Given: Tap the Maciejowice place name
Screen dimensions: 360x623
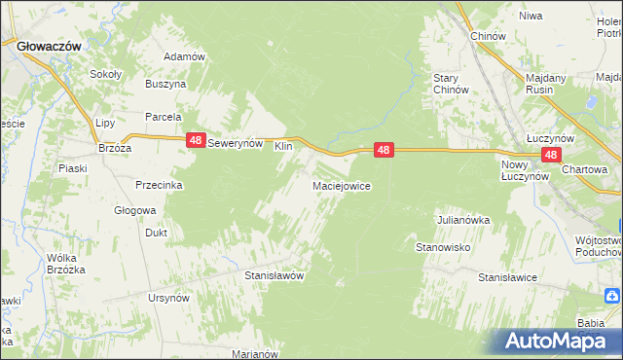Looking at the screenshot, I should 341,185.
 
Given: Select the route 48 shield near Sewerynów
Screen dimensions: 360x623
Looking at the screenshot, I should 196,142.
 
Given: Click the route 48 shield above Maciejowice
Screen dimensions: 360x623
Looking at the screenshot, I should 385,150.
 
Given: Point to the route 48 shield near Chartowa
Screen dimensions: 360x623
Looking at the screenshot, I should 551,155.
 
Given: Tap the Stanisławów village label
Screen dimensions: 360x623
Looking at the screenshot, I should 275,275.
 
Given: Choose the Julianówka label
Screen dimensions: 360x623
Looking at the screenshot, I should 463,220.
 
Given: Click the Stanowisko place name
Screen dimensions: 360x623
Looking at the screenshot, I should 444,248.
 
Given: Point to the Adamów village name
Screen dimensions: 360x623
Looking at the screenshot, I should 184,56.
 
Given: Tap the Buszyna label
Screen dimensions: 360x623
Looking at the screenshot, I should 165,85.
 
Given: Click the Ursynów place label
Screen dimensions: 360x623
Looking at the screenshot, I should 166,298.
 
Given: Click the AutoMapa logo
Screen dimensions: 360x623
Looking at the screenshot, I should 554,341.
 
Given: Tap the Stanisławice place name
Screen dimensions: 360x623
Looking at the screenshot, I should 507,277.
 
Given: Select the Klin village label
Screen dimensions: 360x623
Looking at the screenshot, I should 283,146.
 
